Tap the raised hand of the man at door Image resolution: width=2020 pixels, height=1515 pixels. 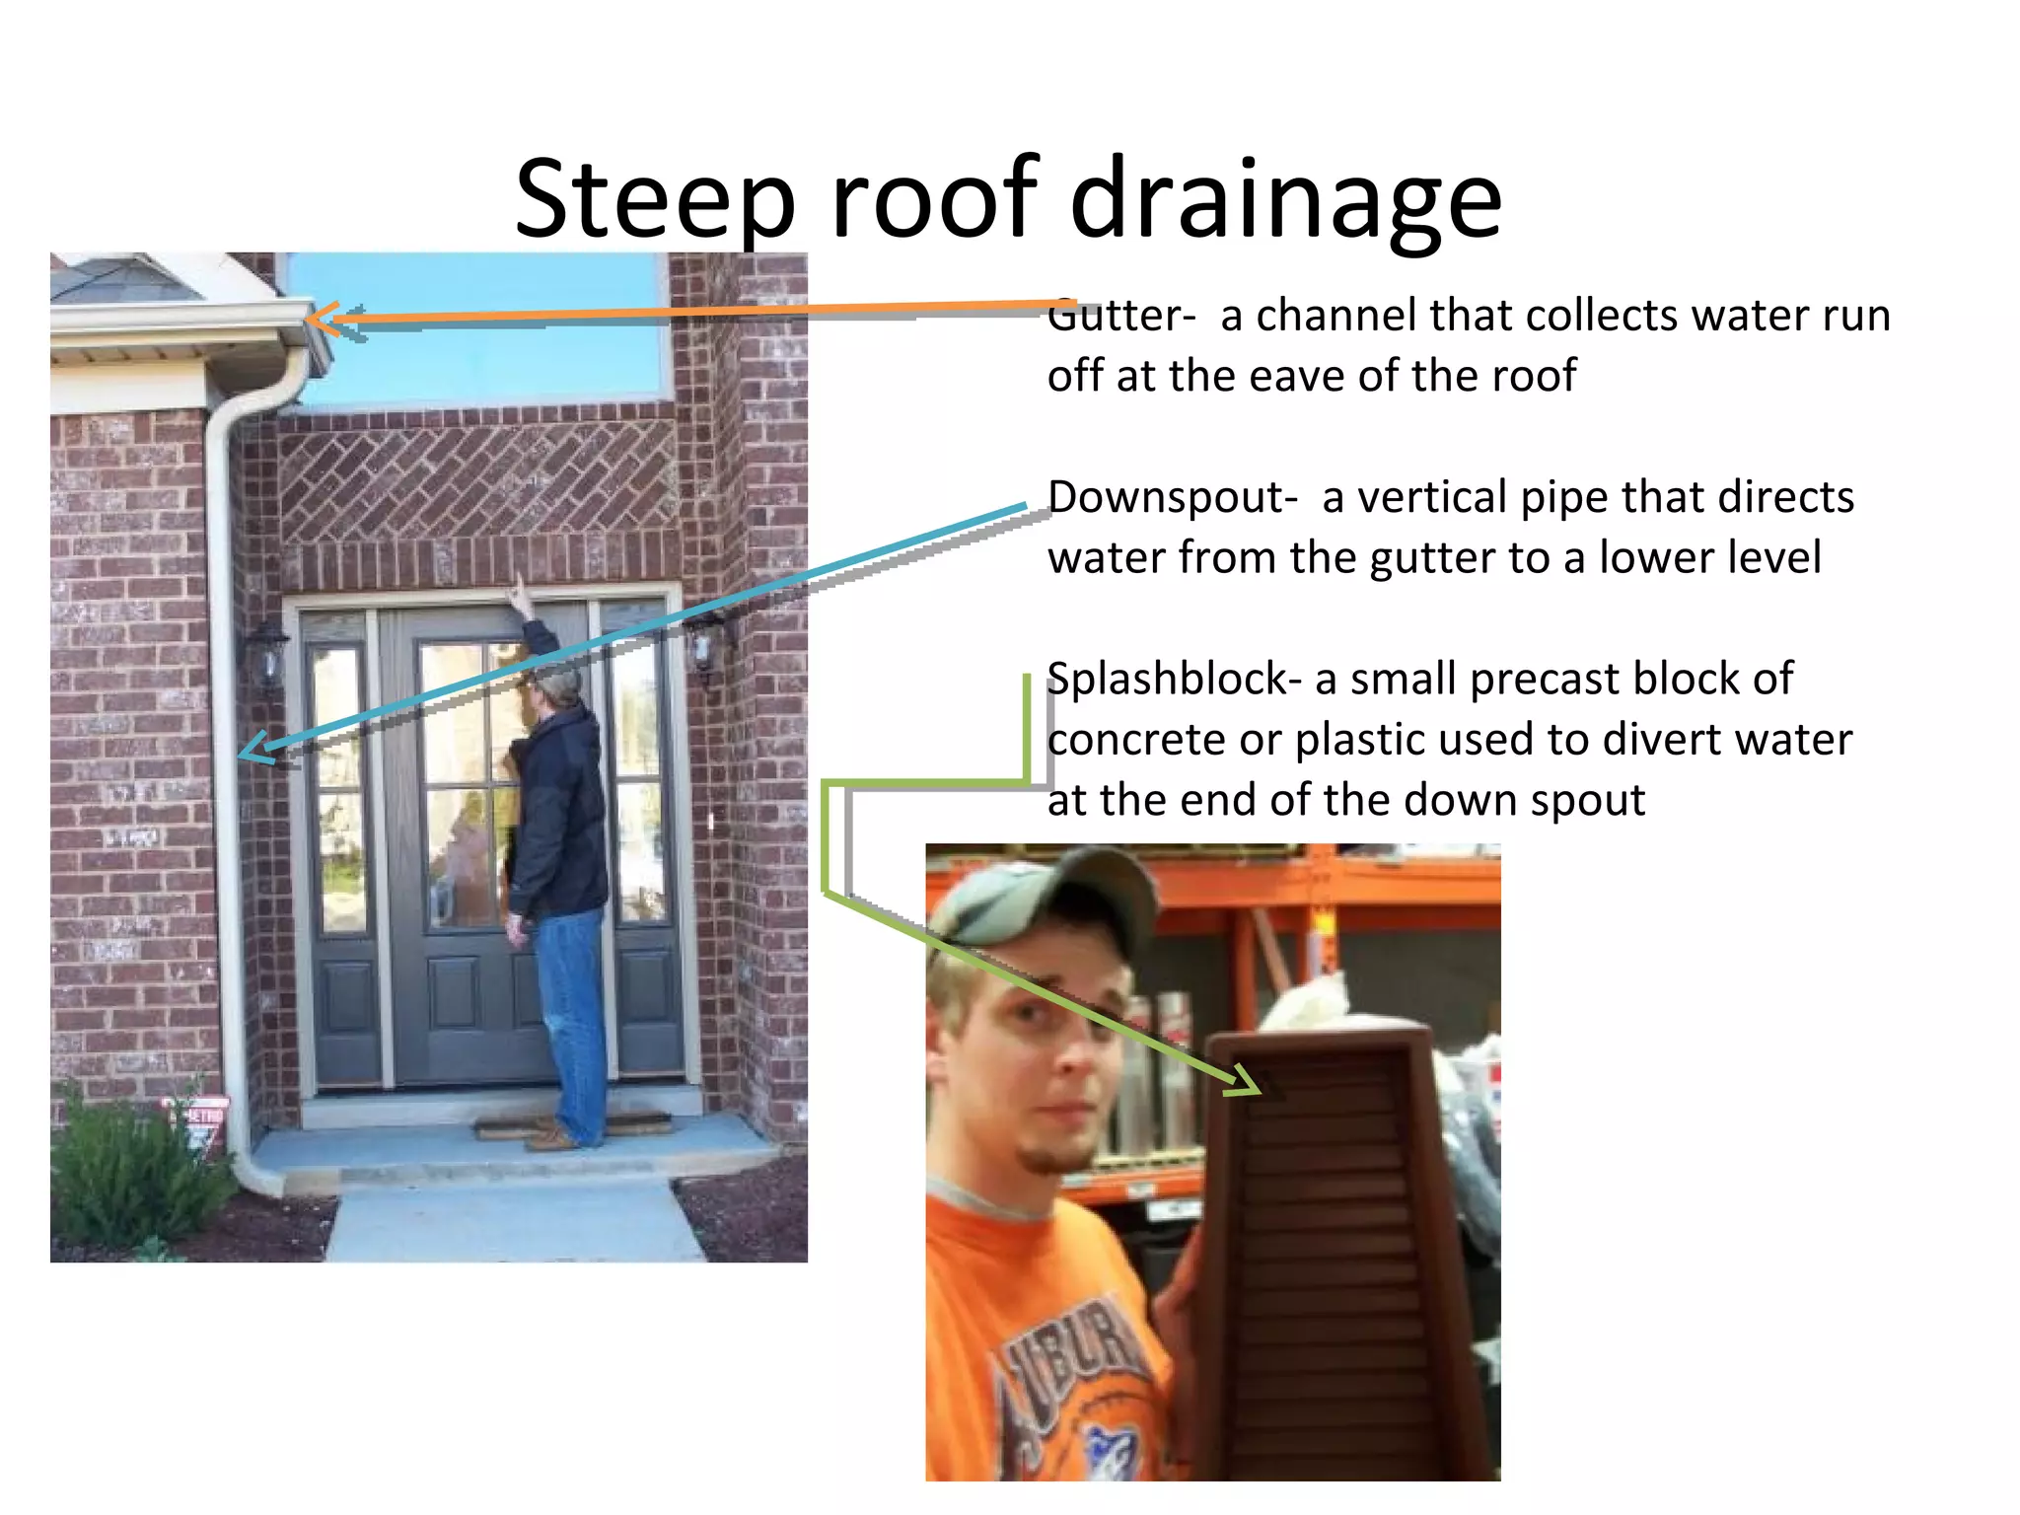516,595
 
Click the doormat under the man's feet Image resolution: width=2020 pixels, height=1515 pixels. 572,1125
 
